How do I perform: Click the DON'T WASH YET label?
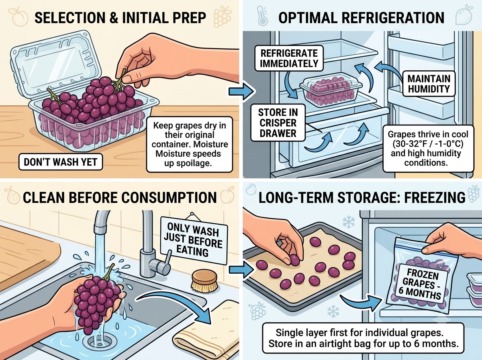click(61, 162)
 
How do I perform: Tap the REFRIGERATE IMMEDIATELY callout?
click(289, 58)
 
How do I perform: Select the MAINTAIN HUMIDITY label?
click(429, 84)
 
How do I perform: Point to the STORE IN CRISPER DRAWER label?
click(278, 123)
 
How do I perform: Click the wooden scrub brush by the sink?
click(205, 282)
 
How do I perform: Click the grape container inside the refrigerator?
click(331, 89)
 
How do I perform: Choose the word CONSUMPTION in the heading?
click(169, 197)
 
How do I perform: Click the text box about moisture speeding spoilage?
click(190, 144)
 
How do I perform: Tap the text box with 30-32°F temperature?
click(428, 149)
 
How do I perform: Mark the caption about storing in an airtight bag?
click(363, 338)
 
